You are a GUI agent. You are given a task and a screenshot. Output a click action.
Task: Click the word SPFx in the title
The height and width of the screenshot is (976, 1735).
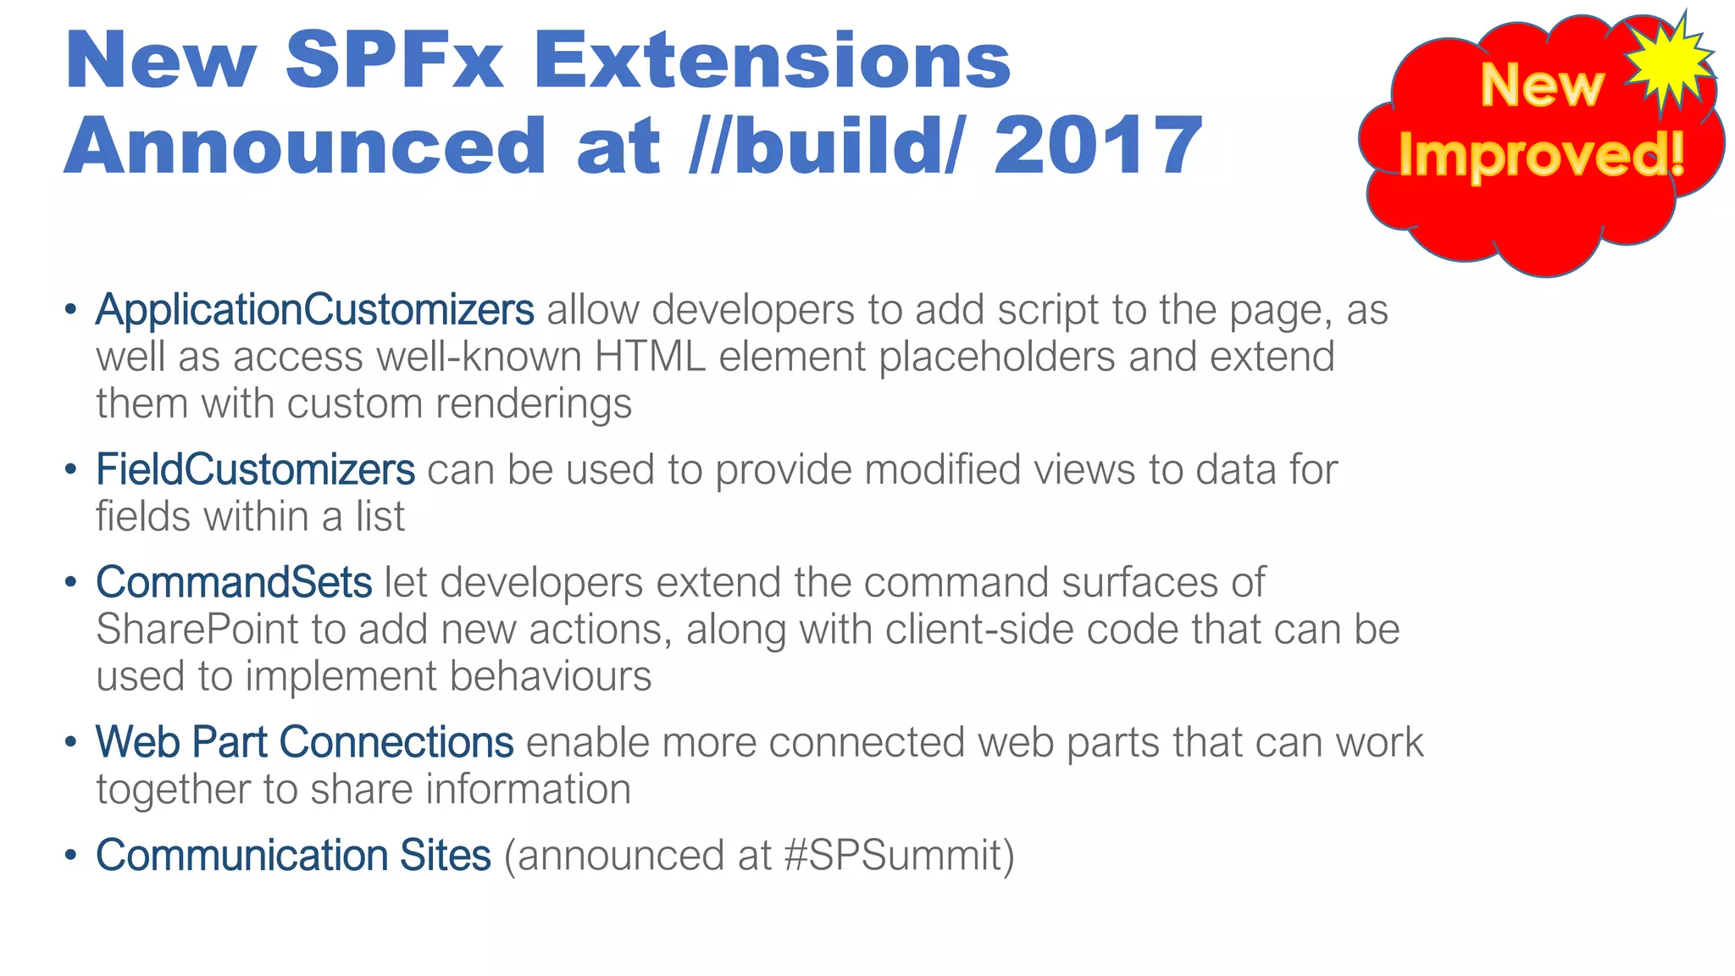[x=394, y=61]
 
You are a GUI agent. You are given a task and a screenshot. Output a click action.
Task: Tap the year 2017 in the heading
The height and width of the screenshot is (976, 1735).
[x=1098, y=146]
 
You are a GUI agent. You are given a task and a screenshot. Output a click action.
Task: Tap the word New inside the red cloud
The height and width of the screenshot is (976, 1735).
[x=1542, y=86]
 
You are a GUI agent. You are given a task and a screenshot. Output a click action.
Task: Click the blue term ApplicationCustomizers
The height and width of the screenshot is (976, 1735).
[x=314, y=310]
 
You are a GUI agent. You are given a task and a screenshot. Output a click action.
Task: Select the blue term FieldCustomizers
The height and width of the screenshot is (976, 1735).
[x=255, y=469]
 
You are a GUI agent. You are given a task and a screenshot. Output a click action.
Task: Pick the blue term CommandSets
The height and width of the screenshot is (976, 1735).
[x=234, y=583]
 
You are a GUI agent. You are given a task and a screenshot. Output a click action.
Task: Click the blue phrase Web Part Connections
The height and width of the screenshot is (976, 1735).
[x=304, y=742]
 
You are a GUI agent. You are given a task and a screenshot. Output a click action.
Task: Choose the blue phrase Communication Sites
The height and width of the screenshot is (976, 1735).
[x=293, y=855]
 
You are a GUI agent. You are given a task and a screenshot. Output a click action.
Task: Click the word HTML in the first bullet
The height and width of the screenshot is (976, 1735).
[x=650, y=357]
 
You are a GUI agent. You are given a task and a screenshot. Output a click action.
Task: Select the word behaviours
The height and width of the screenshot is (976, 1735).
[x=551, y=676]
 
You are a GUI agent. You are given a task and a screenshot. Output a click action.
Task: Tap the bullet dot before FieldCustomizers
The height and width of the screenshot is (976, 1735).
[x=71, y=469]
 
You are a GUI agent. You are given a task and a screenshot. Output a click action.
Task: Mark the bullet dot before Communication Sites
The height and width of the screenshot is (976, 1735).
[x=71, y=855]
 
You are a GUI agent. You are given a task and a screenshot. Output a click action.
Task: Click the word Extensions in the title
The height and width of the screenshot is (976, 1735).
[x=772, y=61]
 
